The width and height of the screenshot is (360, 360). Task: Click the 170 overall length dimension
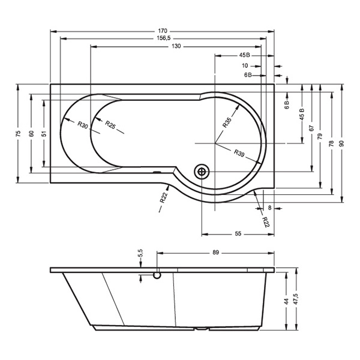163,31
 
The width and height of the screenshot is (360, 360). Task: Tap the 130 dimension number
176,46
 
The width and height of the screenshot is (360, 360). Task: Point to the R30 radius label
83,125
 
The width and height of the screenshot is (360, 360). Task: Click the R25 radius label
110,124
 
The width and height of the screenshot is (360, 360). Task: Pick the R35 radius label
227,122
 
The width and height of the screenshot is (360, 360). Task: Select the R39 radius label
239,153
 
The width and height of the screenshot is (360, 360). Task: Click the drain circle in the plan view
202,172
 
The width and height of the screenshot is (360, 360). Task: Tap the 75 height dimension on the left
18,134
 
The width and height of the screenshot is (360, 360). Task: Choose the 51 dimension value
44,134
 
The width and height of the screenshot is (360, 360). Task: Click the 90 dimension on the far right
342,143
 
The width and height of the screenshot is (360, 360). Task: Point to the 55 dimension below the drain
238,234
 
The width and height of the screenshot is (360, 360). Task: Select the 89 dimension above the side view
215,253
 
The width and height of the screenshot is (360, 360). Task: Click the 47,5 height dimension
296,299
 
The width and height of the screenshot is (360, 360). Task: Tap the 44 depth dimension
286,301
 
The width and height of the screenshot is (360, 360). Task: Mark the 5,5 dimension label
141,253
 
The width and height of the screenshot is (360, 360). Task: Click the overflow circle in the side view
157,275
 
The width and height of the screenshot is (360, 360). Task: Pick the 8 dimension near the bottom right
270,208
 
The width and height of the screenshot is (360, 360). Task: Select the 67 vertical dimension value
311,128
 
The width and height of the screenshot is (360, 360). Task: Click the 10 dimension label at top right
245,65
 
